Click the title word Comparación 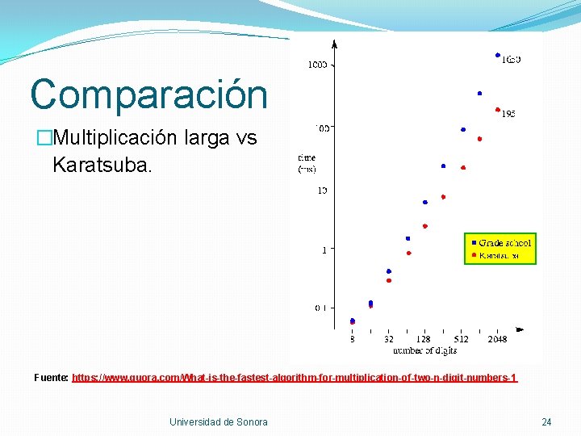(148, 94)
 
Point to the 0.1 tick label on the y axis (320, 308)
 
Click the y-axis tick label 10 (321, 191)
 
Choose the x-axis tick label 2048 (497, 339)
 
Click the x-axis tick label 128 (424, 339)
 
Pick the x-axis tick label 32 (389, 339)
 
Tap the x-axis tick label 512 (461, 339)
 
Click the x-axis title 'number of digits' (424, 350)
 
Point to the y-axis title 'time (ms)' (307, 163)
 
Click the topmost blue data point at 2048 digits (498, 55)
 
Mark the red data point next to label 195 (498, 111)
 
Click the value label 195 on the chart (508, 115)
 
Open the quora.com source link (295, 377)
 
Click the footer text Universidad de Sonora (218, 421)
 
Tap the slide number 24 (546, 421)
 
